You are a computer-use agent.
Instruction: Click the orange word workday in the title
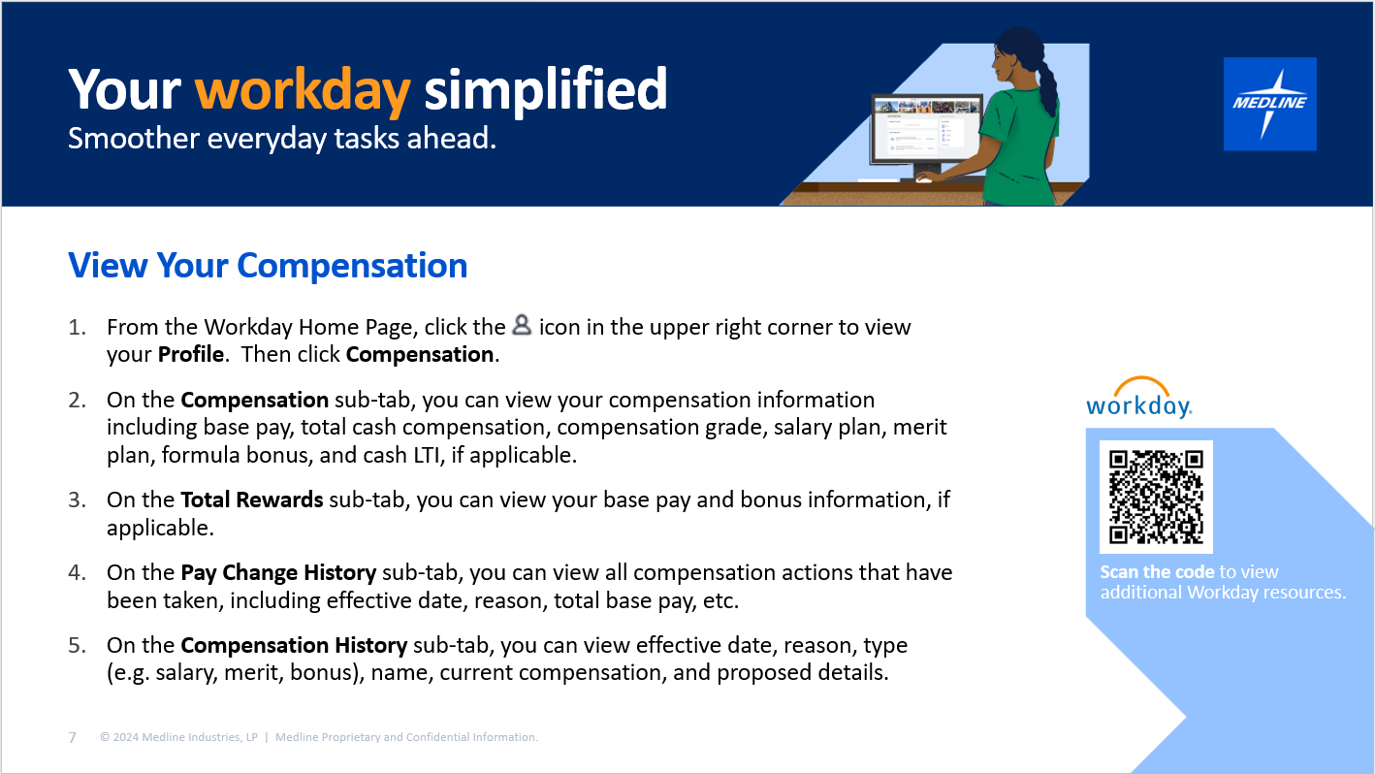(x=303, y=92)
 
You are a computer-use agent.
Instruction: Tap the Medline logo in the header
(x=1270, y=104)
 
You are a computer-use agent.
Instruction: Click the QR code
(x=1156, y=497)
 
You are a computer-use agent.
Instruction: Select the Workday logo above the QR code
(x=1139, y=397)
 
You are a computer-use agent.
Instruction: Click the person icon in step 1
(x=522, y=325)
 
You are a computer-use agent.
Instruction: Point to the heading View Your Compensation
(x=268, y=265)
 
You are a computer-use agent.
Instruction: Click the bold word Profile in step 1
(x=191, y=355)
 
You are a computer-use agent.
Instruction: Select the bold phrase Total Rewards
(x=252, y=500)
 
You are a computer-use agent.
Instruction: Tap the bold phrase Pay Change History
(x=278, y=572)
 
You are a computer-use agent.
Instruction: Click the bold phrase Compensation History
(x=294, y=645)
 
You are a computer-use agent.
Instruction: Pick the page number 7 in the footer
(x=73, y=737)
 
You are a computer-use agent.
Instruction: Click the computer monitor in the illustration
(x=927, y=135)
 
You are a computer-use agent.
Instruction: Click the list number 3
(x=77, y=500)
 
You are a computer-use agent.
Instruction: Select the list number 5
(x=77, y=646)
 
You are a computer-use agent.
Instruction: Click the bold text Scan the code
(x=1157, y=572)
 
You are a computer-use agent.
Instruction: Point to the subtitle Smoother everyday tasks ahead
(x=282, y=139)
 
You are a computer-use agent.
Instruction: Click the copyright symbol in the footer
(x=105, y=737)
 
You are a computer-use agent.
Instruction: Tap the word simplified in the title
(x=545, y=91)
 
